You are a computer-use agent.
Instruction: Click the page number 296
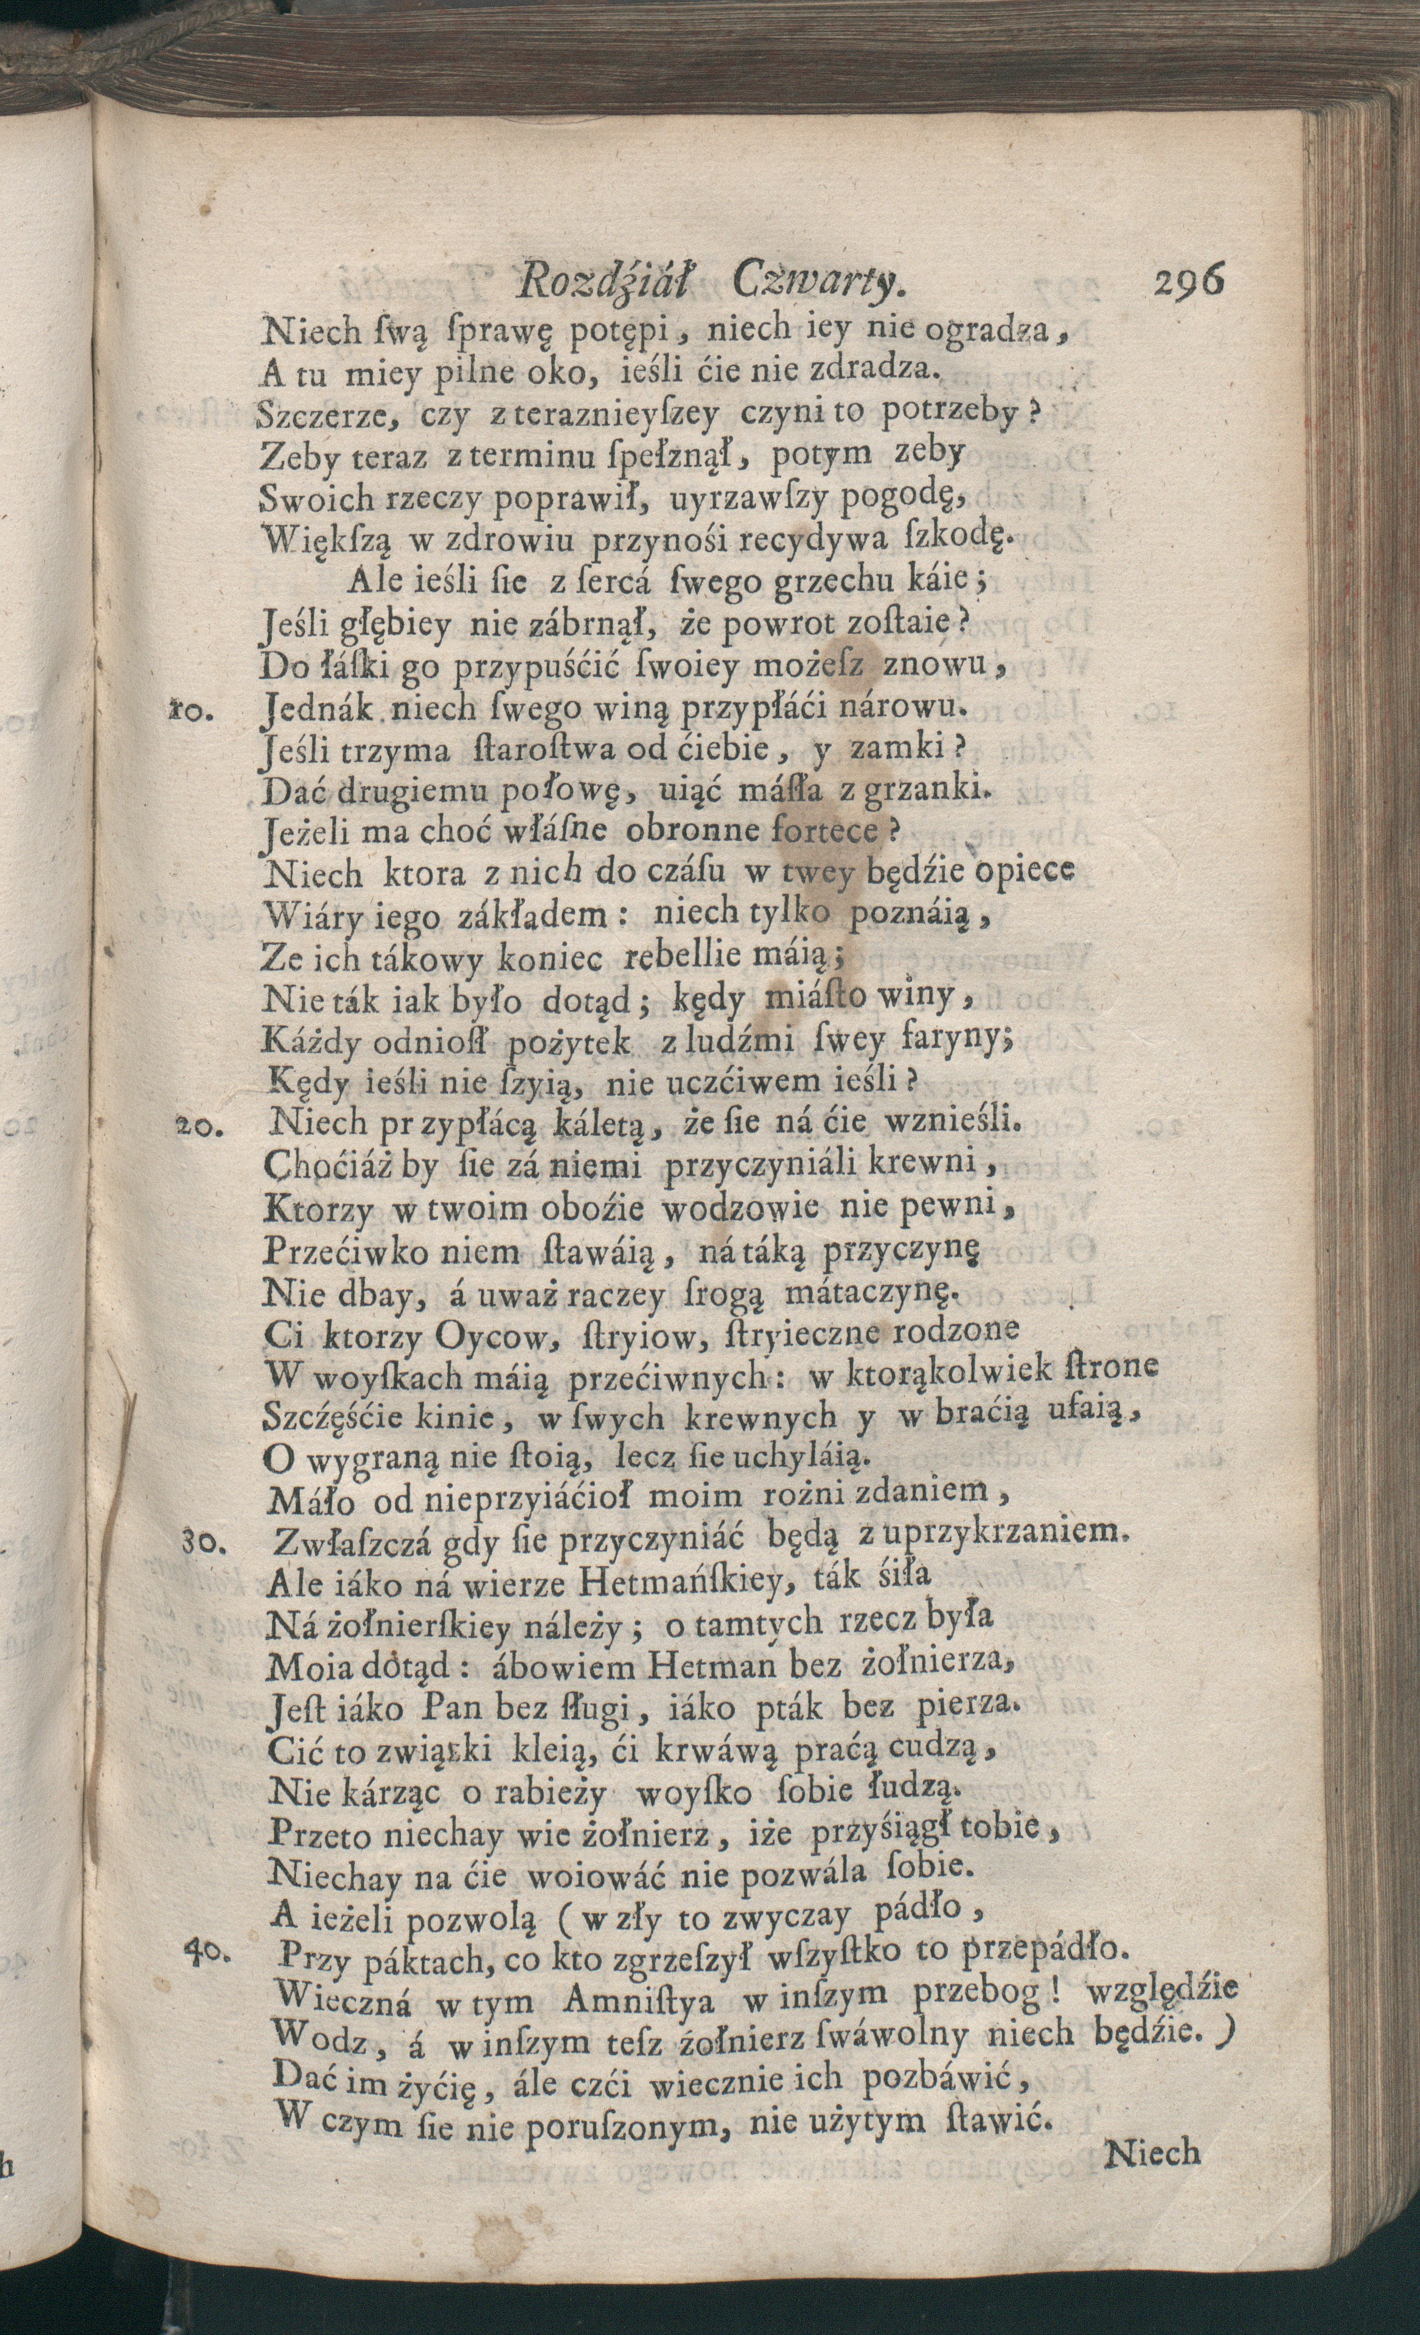[1189, 282]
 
